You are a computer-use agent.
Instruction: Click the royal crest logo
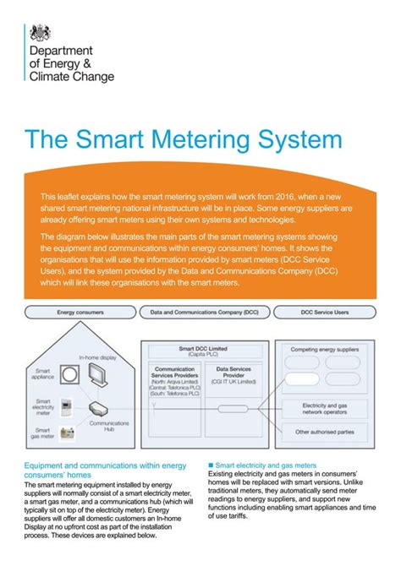(x=39, y=33)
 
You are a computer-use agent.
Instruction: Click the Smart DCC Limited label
(x=205, y=348)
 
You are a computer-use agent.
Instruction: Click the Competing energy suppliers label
(x=326, y=347)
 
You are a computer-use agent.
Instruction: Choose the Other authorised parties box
(x=326, y=433)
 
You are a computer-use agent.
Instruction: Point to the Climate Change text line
(x=72, y=75)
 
